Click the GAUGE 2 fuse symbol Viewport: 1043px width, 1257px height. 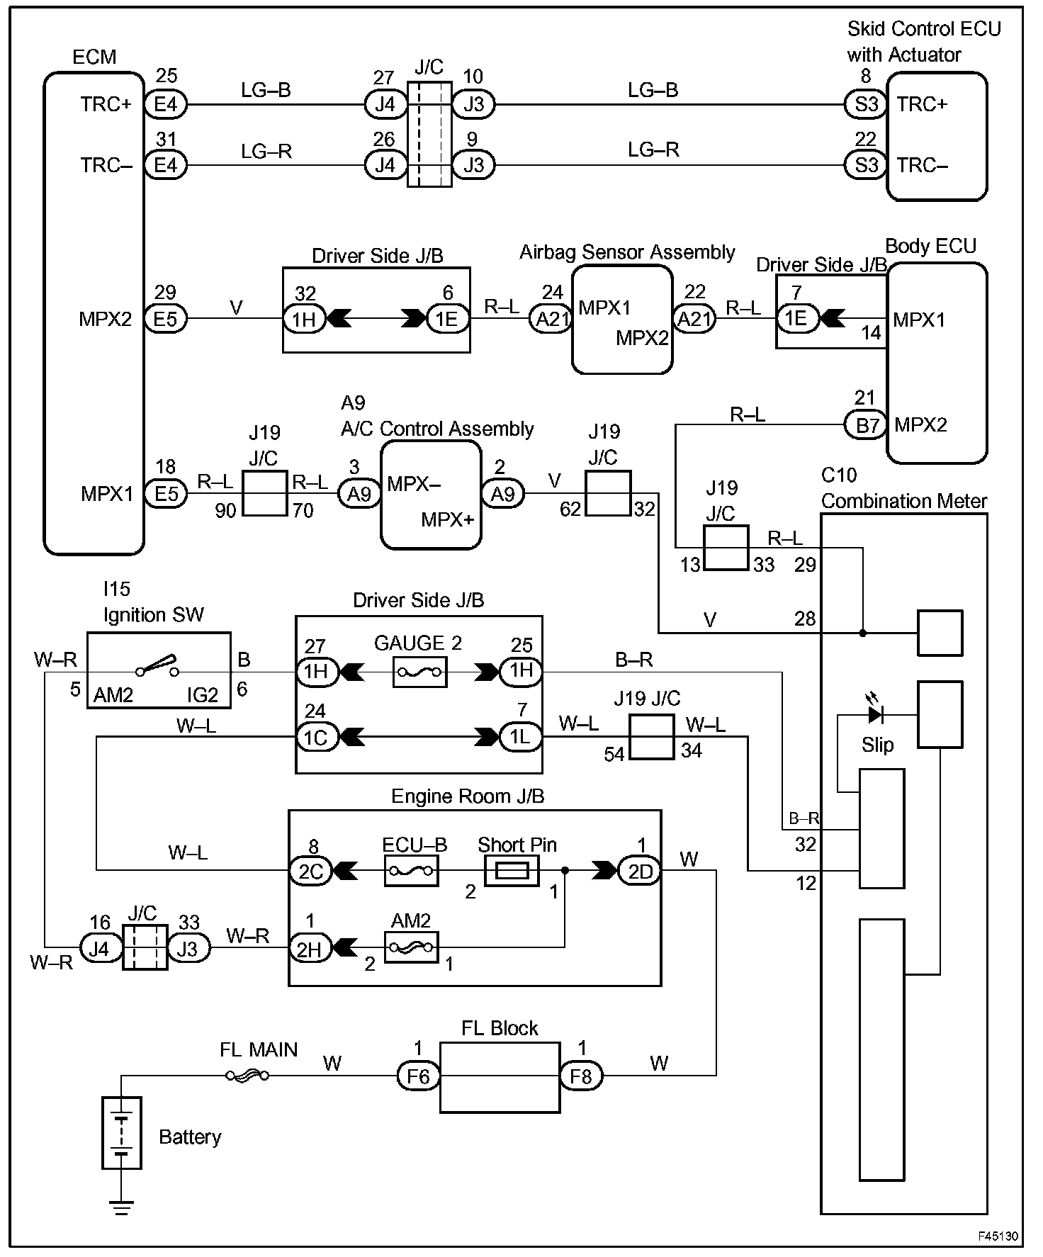[x=419, y=672]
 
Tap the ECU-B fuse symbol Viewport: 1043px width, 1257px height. [x=412, y=870]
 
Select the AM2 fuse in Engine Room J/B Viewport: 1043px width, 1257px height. [x=412, y=947]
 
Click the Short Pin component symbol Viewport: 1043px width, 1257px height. [x=512, y=870]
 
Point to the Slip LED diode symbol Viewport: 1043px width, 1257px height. [x=876, y=715]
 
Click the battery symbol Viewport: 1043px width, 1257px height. [x=122, y=1132]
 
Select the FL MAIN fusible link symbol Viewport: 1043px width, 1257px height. [x=247, y=1076]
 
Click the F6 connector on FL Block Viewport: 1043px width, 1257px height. [x=418, y=1076]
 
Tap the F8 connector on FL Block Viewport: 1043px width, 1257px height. [x=581, y=1076]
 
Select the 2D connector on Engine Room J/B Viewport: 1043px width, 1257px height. [x=640, y=871]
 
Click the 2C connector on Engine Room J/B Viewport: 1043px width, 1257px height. [x=310, y=871]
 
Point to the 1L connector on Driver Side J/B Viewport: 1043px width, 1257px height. [x=521, y=738]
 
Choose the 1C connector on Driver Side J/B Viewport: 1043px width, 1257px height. [x=316, y=738]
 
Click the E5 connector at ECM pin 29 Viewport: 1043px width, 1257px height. [x=166, y=319]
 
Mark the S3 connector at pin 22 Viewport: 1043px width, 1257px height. [x=866, y=166]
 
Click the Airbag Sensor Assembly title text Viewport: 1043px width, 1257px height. [x=627, y=252]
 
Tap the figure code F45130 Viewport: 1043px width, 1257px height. [x=998, y=1236]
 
